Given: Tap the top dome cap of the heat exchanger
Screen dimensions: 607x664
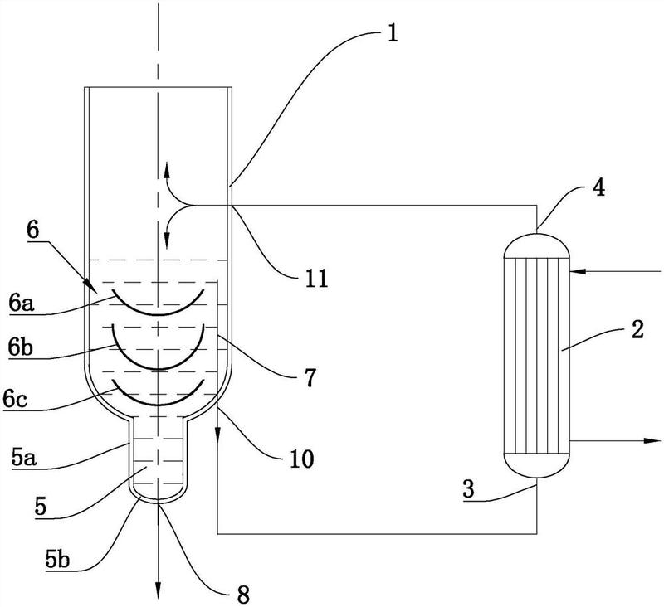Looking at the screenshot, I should click(x=537, y=242).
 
